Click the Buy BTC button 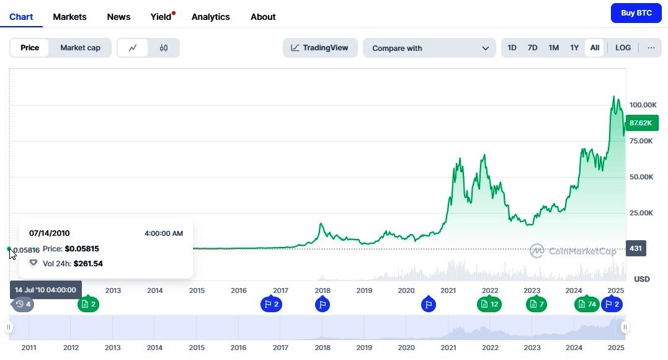(x=636, y=13)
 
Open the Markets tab (x=69, y=17)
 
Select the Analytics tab (x=210, y=17)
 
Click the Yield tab (x=161, y=17)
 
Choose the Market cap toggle (x=80, y=48)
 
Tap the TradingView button (x=320, y=48)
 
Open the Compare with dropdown (x=429, y=48)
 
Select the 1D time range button (x=512, y=48)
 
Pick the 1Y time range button (x=574, y=48)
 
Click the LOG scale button (x=623, y=48)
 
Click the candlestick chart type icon (x=164, y=48)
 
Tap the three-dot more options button (x=651, y=48)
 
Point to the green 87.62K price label (x=641, y=123)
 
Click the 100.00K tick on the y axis (x=643, y=105)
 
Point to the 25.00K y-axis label (x=641, y=213)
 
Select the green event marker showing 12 (x=489, y=304)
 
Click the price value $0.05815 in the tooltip (x=82, y=249)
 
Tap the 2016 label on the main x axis (x=239, y=290)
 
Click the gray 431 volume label (x=636, y=248)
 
